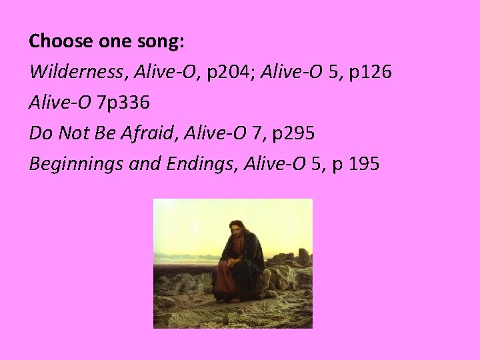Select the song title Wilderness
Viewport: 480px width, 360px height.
coord(70,71)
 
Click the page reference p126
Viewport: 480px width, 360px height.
coord(373,71)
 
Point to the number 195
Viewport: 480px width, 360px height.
coord(362,163)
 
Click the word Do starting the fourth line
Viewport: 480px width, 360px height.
coord(39,133)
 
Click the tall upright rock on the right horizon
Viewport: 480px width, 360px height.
coord(303,257)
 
